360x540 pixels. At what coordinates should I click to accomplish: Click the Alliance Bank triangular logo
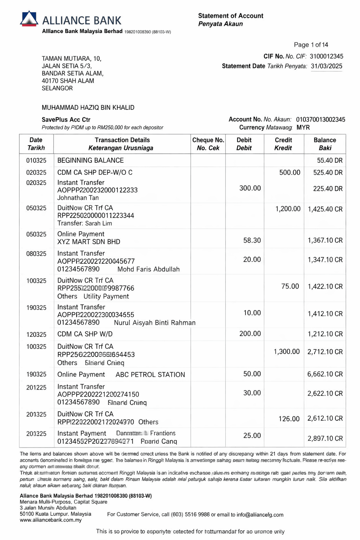[x=29, y=19]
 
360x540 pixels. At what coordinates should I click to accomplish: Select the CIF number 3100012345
[x=326, y=56]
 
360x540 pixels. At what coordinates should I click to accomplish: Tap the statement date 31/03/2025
[x=326, y=66]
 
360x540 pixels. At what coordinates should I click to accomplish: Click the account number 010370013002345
[x=320, y=120]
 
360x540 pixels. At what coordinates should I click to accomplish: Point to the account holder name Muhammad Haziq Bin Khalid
[x=88, y=108]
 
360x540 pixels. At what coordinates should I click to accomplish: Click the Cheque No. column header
[x=208, y=144]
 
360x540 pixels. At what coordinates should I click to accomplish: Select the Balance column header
[x=324, y=144]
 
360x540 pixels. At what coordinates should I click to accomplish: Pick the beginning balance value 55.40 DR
[x=329, y=160]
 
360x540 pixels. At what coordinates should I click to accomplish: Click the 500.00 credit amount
[x=290, y=172]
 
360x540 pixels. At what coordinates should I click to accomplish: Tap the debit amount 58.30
[x=252, y=240]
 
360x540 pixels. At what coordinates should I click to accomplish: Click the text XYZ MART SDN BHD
[x=89, y=242]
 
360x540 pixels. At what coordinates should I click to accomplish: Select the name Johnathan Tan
[x=78, y=198]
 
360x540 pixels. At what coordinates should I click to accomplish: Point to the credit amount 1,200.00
[x=288, y=209]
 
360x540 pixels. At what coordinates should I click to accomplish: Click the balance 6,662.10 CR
[x=325, y=374]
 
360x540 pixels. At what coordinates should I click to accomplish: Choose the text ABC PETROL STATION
[x=150, y=375]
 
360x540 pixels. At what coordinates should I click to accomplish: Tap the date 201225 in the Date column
[x=36, y=388]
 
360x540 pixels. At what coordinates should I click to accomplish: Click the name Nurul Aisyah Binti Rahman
[x=155, y=323]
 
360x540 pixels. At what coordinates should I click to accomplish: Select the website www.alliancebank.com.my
[x=51, y=520]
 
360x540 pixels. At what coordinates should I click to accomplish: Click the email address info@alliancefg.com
[x=260, y=515]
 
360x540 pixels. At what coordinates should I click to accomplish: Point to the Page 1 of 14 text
[x=311, y=45]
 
